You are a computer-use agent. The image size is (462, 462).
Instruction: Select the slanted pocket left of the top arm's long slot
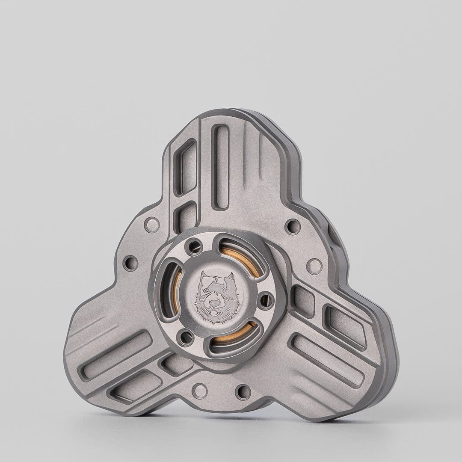tap(187, 167)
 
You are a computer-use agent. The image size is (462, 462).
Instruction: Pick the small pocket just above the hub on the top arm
tap(187, 218)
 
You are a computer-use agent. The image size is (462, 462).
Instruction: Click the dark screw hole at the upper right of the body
tap(292, 225)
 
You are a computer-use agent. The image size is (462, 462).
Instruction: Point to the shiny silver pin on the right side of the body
tap(314, 266)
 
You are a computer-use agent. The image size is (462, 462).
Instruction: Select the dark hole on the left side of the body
tap(130, 263)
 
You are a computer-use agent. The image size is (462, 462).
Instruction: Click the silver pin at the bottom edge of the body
tap(199, 390)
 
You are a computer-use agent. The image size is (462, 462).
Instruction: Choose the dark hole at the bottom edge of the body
tap(243, 391)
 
